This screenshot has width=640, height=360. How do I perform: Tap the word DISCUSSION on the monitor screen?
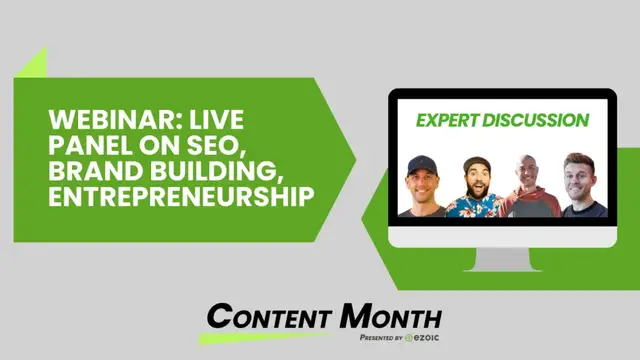[x=539, y=121]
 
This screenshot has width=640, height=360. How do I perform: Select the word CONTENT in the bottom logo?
[x=271, y=317]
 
